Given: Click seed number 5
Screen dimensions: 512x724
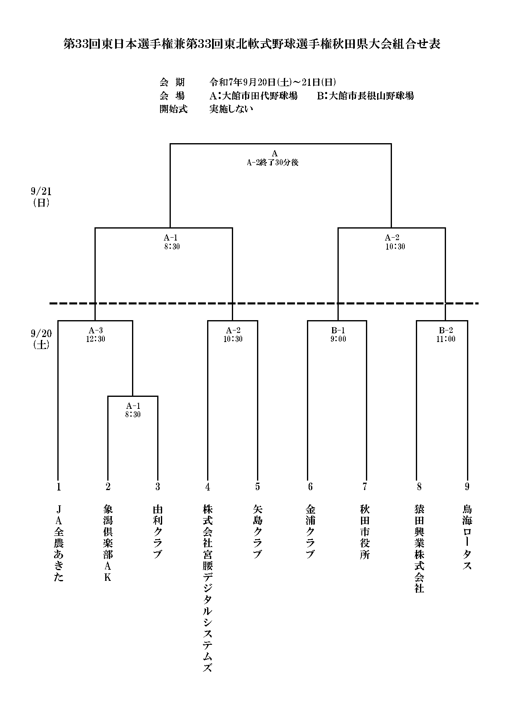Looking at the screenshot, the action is click(257, 487).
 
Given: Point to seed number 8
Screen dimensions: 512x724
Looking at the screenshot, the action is click(419, 487).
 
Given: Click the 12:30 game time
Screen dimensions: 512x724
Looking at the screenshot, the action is click(96, 339).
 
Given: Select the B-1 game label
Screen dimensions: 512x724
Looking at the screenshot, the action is click(338, 330).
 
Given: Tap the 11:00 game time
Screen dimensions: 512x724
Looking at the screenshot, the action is click(446, 339).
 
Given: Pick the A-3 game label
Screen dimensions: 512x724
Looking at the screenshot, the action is click(96, 330).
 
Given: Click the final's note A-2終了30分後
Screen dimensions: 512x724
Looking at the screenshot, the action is click(273, 163).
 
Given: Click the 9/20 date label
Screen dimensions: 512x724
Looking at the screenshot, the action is click(41, 333).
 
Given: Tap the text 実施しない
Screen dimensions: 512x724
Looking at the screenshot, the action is click(231, 109).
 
